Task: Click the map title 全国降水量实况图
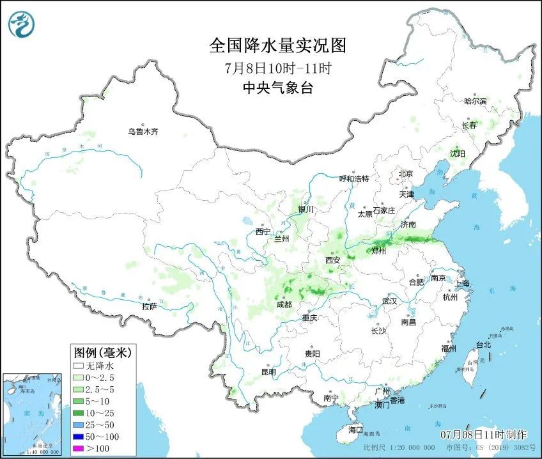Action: click(x=277, y=46)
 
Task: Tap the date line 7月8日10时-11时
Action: click(x=277, y=67)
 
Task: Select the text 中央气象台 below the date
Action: click(x=277, y=88)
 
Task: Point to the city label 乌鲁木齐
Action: click(x=142, y=132)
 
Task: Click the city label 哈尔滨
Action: click(x=475, y=101)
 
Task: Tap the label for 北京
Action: click(x=406, y=173)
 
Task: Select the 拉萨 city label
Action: click(x=150, y=306)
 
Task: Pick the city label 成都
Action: click(x=284, y=304)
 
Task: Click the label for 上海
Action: click(x=461, y=283)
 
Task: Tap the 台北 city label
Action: click(x=483, y=345)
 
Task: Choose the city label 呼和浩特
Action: click(x=353, y=179)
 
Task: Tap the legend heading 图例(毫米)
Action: click(x=102, y=352)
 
